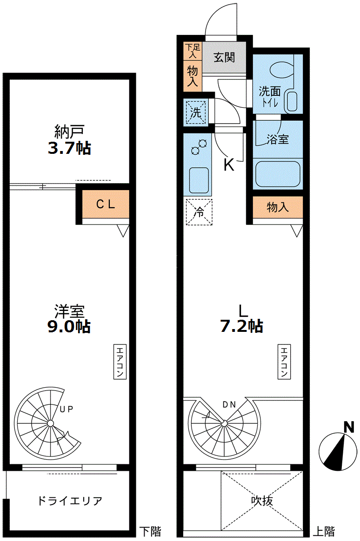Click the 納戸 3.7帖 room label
point(69,140)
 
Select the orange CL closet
point(106,204)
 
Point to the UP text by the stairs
point(66,409)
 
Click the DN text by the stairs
point(229,405)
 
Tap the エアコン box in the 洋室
point(120,361)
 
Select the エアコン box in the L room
point(284,361)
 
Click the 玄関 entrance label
point(224,57)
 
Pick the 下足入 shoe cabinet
point(193,51)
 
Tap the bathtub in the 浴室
point(278,174)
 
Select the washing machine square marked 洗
point(196,112)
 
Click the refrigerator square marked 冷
point(199,212)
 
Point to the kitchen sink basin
point(199,180)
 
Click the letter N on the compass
point(349,428)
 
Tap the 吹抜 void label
point(262,501)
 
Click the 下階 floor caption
point(150,531)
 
